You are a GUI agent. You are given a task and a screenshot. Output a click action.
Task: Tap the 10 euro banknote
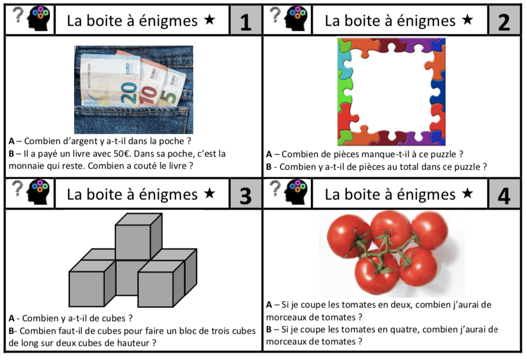pos(152,86)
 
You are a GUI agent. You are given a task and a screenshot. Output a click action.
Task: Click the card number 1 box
pos(246,20)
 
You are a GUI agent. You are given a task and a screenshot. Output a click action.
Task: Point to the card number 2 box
pos(504,20)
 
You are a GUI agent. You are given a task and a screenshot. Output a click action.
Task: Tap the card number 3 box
pos(246,194)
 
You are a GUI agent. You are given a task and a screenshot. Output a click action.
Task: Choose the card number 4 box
pos(504,194)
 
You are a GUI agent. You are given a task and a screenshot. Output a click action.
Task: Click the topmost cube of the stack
pos(138,236)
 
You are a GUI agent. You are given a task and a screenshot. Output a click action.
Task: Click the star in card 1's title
pos(209,20)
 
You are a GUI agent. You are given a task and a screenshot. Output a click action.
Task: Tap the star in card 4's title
pos(467,193)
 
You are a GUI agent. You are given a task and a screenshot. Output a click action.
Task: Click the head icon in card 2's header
pos(296,19)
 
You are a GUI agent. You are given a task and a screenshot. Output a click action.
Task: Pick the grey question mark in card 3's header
pos(18,189)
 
